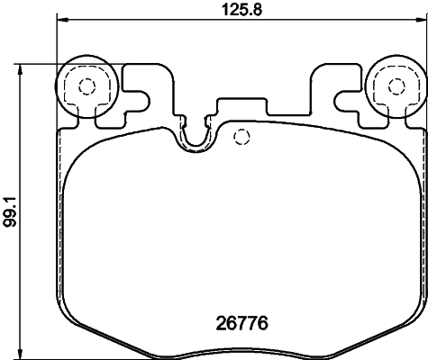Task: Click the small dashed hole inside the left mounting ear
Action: [87, 87]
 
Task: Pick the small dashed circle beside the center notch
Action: [241, 138]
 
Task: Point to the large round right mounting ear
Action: [396, 87]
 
